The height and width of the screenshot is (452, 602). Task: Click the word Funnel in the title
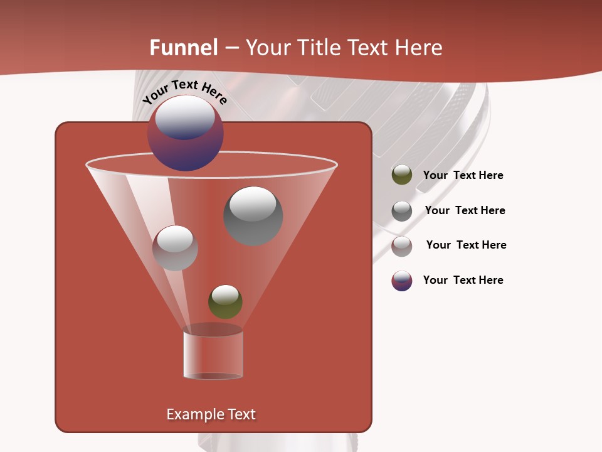[x=184, y=48]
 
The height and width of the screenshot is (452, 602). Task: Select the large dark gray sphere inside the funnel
[x=253, y=216]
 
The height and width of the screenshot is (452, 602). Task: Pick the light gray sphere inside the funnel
[x=176, y=248]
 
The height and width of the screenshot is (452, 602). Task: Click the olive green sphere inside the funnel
[x=225, y=302]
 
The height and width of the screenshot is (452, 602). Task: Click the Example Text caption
[x=211, y=414]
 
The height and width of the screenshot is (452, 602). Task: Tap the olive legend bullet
[x=402, y=175]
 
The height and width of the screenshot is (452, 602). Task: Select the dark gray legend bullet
[x=402, y=211]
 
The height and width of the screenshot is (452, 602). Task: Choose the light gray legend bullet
[x=402, y=246]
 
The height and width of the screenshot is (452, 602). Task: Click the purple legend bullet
[x=402, y=281]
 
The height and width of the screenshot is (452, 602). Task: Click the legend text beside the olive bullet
[x=463, y=175]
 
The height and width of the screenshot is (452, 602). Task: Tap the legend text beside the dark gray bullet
[x=465, y=210]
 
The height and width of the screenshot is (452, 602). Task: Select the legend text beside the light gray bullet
[x=466, y=245]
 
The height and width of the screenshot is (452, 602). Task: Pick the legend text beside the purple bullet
[x=463, y=280]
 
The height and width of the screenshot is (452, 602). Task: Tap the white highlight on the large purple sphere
[x=185, y=117]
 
